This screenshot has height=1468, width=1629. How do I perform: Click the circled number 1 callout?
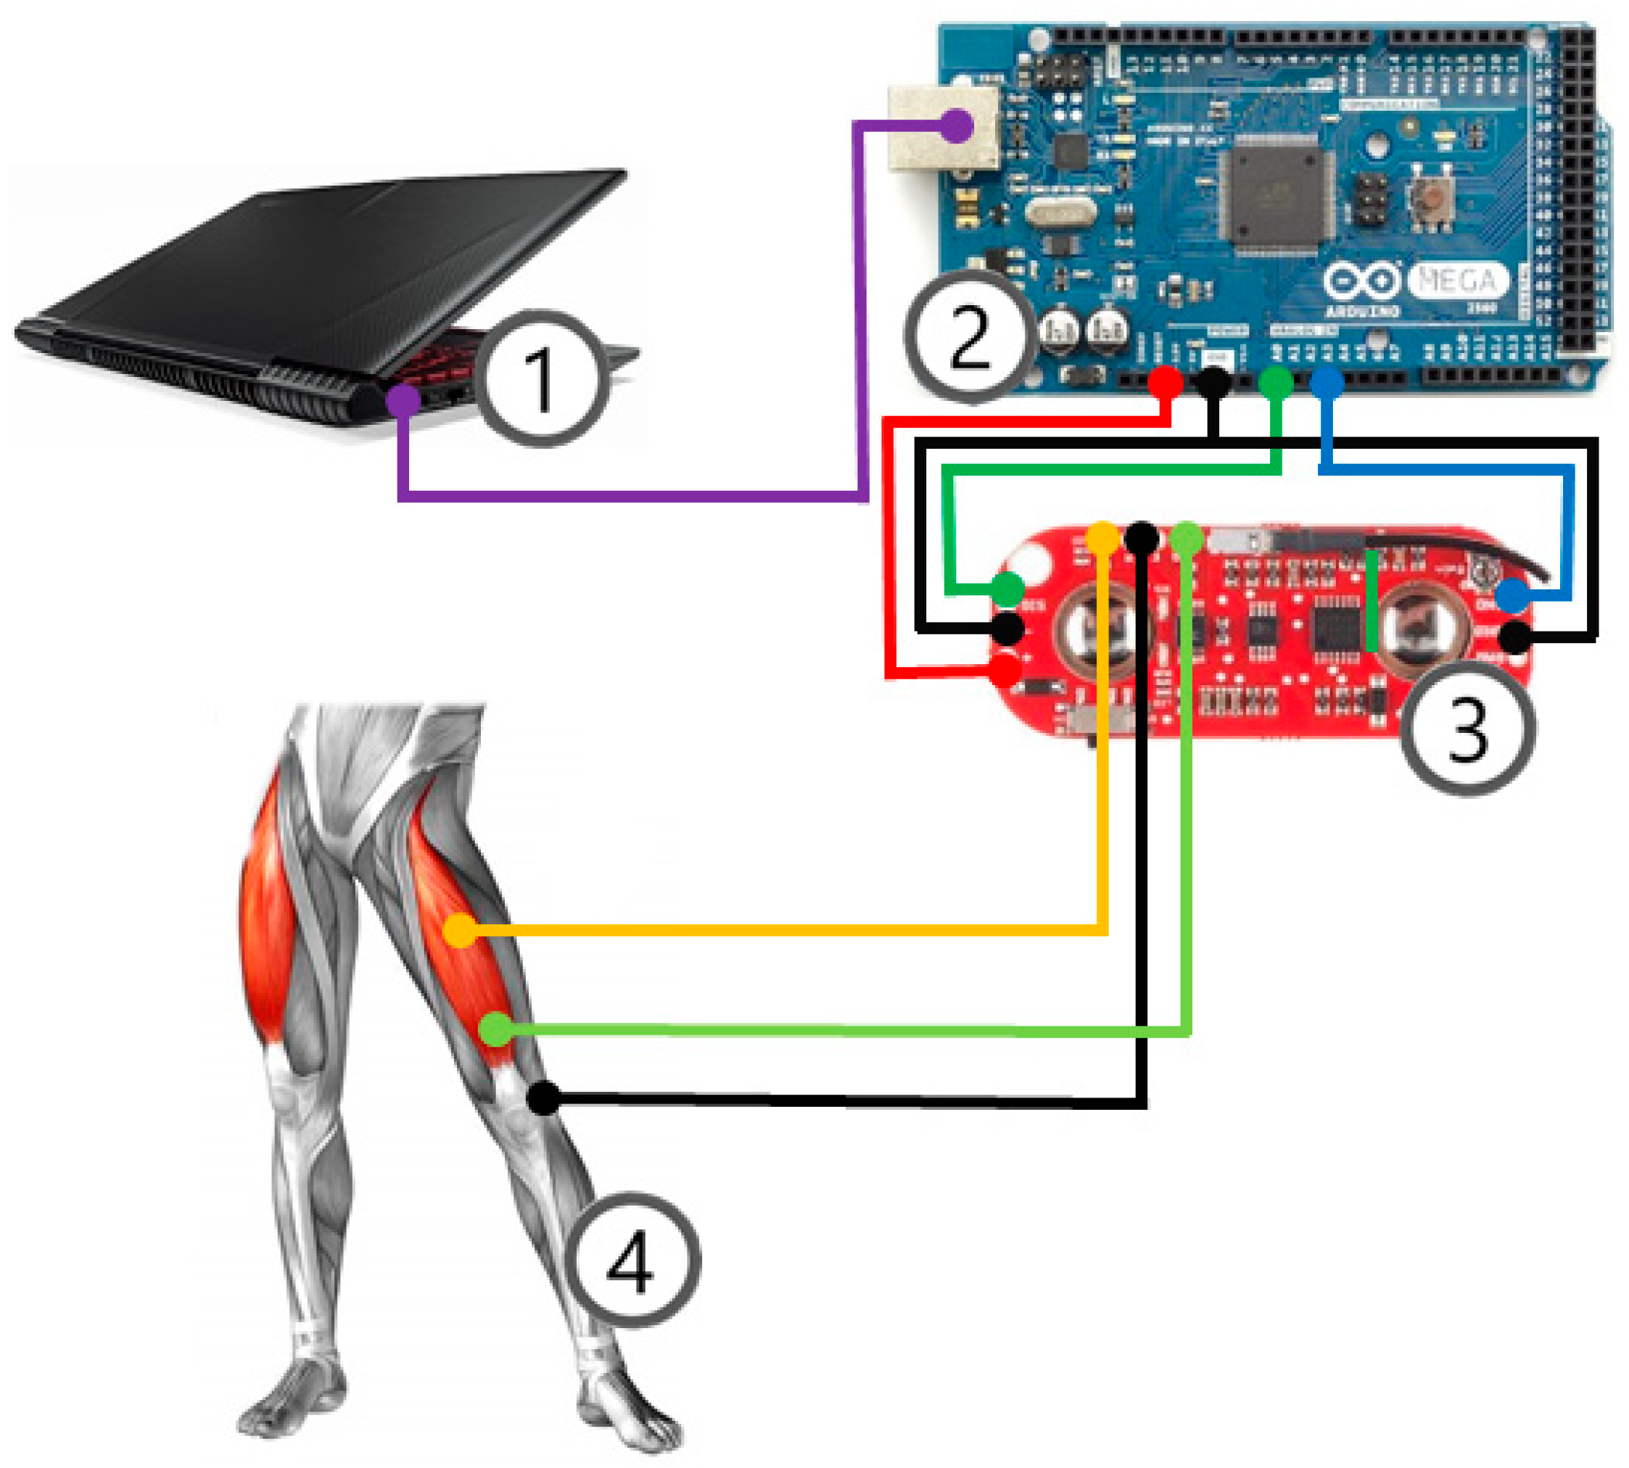pyautogui.click(x=540, y=379)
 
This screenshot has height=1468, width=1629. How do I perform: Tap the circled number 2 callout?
pyautogui.click(x=969, y=337)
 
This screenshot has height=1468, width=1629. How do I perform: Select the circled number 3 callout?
pyautogui.click(x=1466, y=729)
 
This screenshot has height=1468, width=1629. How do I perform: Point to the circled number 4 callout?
pyautogui.click(x=631, y=1260)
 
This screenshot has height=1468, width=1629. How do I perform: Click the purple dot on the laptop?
pyautogui.click(x=403, y=400)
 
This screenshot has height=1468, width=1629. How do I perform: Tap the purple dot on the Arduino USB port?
pyautogui.click(x=956, y=126)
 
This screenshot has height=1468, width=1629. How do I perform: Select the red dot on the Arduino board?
pyautogui.click(x=1164, y=382)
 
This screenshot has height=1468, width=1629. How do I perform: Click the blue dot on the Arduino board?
pyautogui.click(x=1327, y=382)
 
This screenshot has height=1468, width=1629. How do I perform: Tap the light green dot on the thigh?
pyautogui.click(x=495, y=1029)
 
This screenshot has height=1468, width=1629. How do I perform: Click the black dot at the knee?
pyautogui.click(x=544, y=1098)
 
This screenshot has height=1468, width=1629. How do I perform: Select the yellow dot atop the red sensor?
pyautogui.click(x=1103, y=537)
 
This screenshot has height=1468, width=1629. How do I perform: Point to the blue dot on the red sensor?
pyautogui.click(x=1512, y=596)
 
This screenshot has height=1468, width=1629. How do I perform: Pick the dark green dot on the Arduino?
pyautogui.click(x=1276, y=382)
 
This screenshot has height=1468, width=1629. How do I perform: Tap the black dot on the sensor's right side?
pyautogui.click(x=1515, y=636)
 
